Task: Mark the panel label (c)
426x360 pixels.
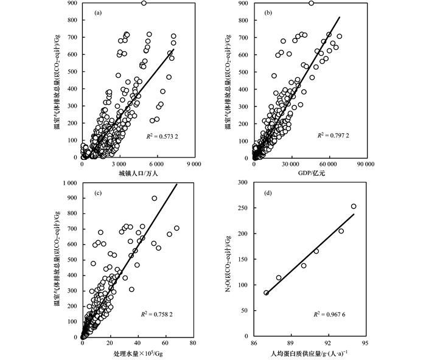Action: pos(98,193)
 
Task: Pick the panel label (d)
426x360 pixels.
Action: pos(267,193)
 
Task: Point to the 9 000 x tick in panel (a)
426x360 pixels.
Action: pos(194,164)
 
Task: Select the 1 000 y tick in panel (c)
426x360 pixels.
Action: pos(71,182)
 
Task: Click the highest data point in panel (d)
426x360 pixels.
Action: pos(354,206)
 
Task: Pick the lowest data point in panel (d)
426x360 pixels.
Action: pos(266,292)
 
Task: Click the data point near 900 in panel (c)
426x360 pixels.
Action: pos(154,198)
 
